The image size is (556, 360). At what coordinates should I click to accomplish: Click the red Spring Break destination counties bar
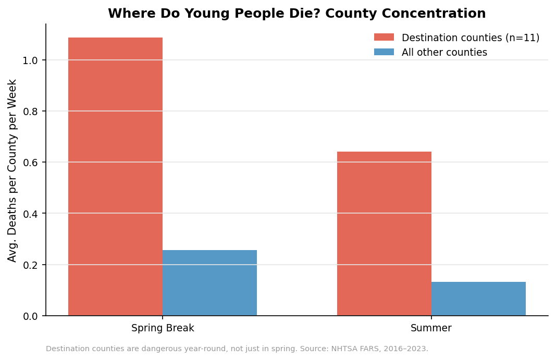(115, 177)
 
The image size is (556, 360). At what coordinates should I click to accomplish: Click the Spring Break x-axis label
(163, 328)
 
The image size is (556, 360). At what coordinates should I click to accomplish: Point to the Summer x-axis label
(431, 328)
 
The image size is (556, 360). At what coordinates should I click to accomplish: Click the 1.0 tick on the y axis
(31, 60)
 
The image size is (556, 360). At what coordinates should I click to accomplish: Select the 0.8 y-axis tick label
(31, 111)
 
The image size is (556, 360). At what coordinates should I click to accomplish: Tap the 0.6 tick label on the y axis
(31, 163)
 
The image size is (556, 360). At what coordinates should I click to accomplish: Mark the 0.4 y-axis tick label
(31, 214)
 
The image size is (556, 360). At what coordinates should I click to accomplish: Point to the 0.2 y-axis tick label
(31, 265)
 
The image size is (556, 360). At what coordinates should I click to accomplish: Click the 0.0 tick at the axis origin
(31, 316)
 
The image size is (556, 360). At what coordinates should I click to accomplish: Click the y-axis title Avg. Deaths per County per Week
(13, 170)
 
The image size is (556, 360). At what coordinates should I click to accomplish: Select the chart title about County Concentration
(296, 14)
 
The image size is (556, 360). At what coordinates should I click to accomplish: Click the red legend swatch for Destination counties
(384, 38)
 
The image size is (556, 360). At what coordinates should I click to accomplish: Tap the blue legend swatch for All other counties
(384, 52)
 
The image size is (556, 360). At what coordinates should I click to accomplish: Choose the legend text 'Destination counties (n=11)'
(471, 38)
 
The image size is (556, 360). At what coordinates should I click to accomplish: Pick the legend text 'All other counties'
(444, 53)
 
